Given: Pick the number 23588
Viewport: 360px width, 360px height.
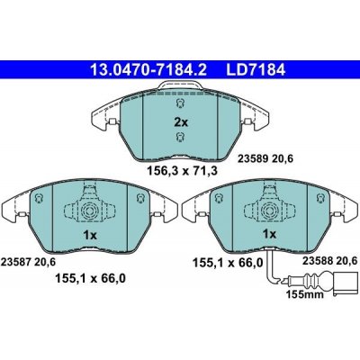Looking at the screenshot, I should (305, 259).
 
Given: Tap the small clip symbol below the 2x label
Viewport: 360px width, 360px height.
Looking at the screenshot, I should (180, 138).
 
